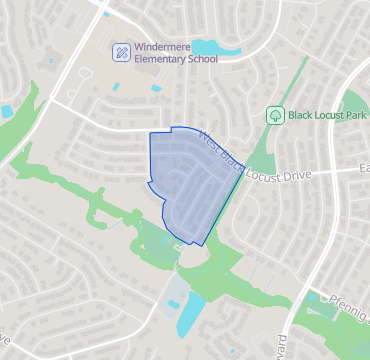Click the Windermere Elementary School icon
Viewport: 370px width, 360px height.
point(121,52)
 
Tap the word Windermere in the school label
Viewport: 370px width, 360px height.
point(166,46)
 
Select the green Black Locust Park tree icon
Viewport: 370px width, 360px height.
point(274,115)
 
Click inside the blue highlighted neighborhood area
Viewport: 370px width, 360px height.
point(185,180)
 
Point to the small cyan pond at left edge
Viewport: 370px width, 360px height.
point(7,111)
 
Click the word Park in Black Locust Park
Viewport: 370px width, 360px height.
point(354,115)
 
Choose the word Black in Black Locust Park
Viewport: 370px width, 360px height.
point(302,115)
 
